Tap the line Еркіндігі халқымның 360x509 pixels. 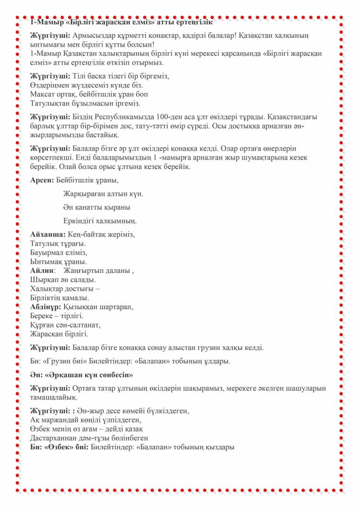(x=100, y=221)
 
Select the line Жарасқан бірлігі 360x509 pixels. (x=59, y=334)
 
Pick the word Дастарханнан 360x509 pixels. (x=56, y=438)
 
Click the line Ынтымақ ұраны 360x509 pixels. (x=58, y=262)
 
